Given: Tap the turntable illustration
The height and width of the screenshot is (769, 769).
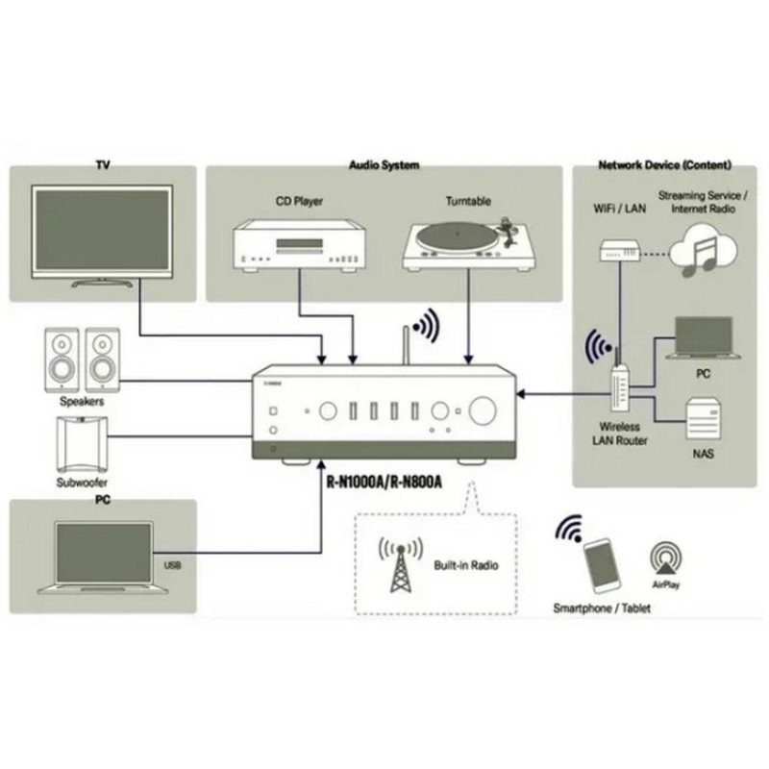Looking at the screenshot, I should click(x=468, y=245).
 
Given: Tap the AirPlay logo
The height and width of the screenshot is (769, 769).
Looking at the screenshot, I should click(x=665, y=558).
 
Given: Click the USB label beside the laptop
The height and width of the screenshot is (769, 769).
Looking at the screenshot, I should click(x=172, y=565).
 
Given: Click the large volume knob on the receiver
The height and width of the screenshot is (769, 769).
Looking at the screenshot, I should click(x=482, y=410).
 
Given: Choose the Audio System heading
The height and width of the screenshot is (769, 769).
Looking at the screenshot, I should click(x=383, y=166).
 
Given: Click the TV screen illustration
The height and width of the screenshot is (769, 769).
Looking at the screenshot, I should click(x=99, y=231).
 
